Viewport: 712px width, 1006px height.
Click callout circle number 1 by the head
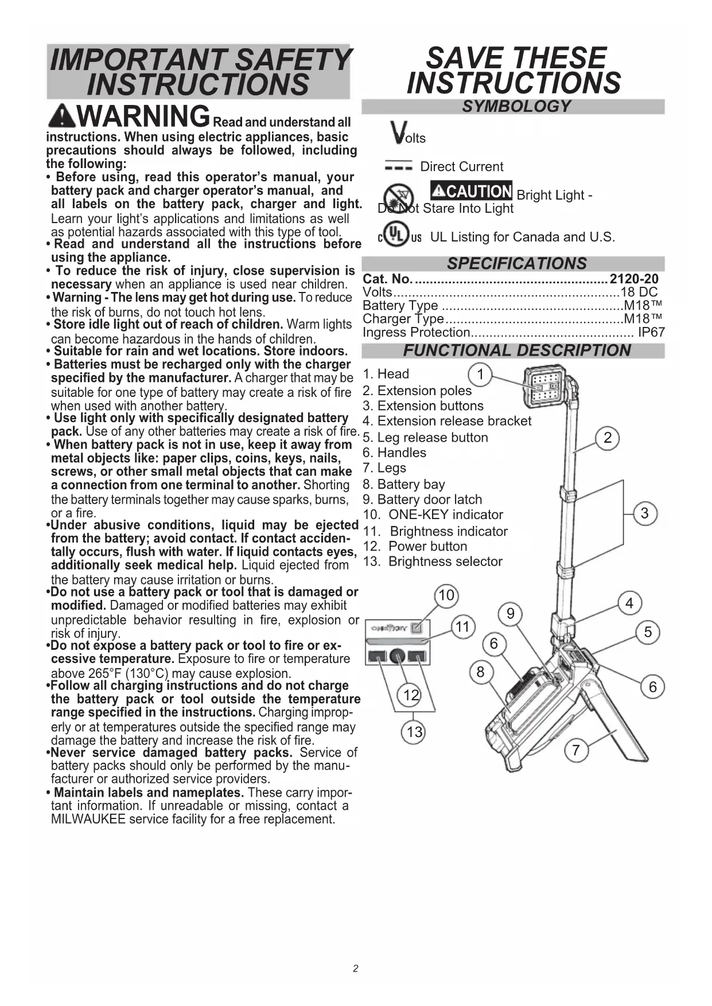pos(481,375)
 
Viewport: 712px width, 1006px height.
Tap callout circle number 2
pos(608,438)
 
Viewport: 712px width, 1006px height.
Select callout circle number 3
pos(644,513)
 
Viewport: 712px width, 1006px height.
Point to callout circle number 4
pos(629,603)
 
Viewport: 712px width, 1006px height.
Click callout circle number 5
pos(648,632)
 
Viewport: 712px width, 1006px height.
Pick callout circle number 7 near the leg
pos(575,750)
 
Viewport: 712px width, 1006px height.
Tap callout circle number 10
pos(446,596)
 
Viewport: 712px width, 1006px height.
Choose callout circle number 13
pos(414,732)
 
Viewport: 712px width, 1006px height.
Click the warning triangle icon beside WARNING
pos(62,117)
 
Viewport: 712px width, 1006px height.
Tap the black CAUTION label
pos(471,191)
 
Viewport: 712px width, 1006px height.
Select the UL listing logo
pos(399,236)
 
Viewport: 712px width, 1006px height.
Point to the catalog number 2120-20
pos(634,279)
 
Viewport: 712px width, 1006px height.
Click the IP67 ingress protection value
pos(651,332)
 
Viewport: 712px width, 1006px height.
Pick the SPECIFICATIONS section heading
pos(516,264)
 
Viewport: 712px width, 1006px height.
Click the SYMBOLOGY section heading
pos(516,107)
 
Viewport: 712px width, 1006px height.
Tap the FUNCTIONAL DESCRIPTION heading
pos(516,350)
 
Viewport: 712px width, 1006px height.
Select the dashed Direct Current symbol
pos(398,166)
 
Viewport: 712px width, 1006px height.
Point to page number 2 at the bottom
pos(356,969)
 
